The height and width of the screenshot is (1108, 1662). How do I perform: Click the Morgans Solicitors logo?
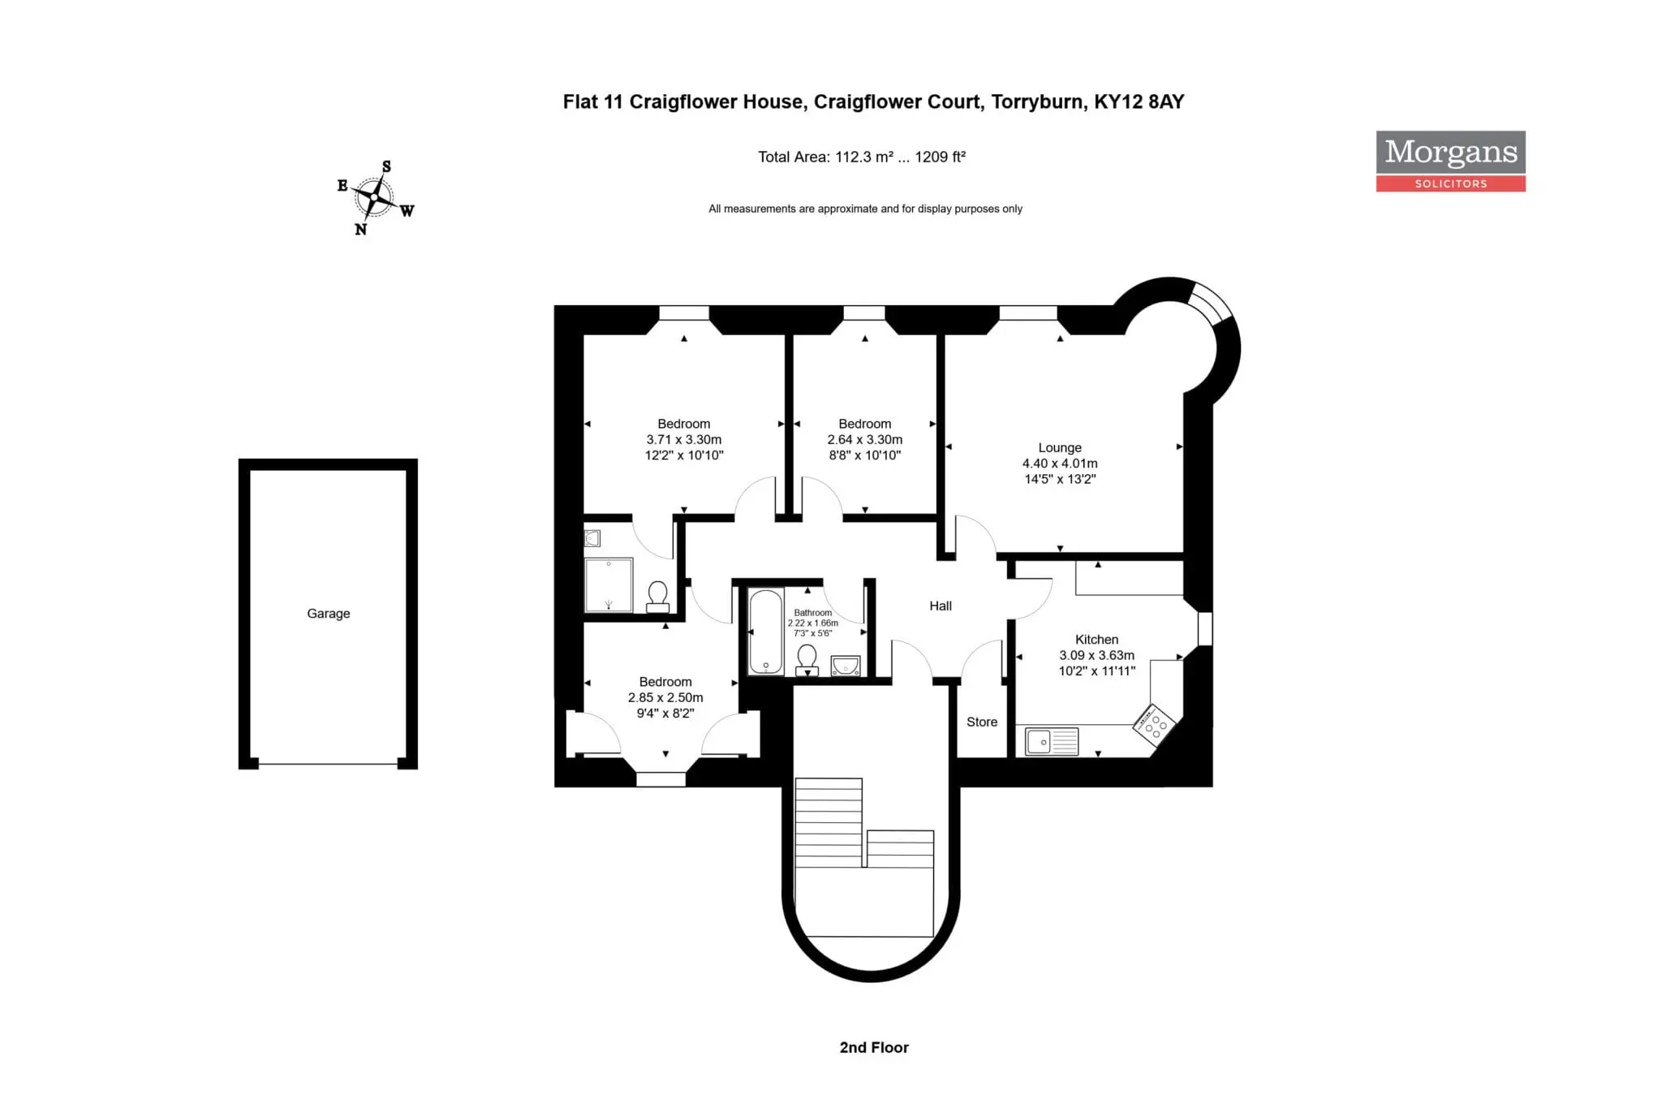[1450, 162]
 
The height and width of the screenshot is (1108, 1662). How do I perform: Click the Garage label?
[329, 614]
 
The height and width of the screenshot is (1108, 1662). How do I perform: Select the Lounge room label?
[1060, 447]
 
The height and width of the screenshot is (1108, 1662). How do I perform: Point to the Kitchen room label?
[1096, 640]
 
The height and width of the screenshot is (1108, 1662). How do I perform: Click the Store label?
[982, 722]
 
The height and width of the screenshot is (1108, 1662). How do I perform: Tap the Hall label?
[941, 606]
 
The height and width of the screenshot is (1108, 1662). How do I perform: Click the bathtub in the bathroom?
[766, 632]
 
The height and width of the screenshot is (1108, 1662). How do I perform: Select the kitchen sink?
[1052, 742]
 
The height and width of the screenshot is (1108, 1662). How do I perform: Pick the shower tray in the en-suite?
[609, 584]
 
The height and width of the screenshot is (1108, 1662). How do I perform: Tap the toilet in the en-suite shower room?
[658, 597]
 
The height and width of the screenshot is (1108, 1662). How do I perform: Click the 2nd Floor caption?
[874, 1048]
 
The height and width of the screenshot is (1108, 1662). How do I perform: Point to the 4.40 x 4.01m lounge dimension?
[1060, 463]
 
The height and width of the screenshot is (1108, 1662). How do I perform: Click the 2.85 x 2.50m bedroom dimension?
[665, 698]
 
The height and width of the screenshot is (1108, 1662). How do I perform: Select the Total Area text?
[862, 157]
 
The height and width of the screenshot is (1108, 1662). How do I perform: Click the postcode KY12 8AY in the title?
[1139, 101]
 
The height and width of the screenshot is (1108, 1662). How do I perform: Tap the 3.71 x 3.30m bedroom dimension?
[684, 440]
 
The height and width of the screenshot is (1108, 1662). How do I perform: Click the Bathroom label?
[812, 613]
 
